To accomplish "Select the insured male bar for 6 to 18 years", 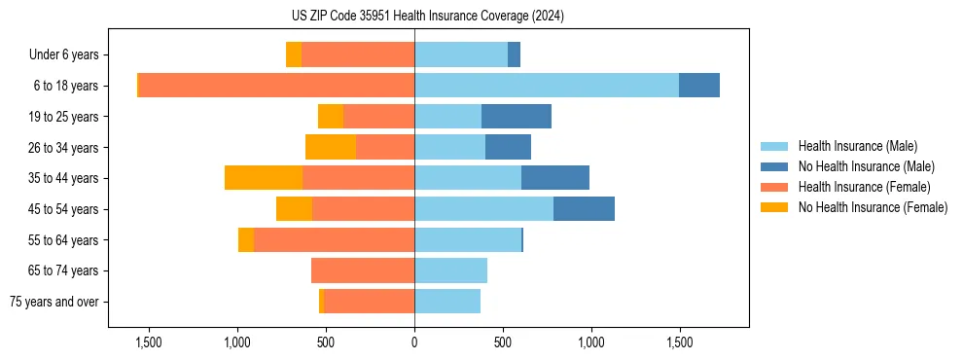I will coord(546,86).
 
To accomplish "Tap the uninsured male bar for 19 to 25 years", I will coord(517,117).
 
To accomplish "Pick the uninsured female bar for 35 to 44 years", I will coord(264,178).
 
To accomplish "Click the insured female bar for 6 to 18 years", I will coord(276,86).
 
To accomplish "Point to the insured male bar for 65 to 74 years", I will coord(450,270).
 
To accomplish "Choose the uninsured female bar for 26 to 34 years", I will coord(331,147).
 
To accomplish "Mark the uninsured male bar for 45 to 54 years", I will coord(584,209).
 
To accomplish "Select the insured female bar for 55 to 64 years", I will coord(334,240).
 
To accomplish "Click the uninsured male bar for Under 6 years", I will coord(514,54).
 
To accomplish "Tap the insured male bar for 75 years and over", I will coord(447,302).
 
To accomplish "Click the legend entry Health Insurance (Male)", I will coord(857,146).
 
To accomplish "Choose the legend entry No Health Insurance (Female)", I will coord(873,207).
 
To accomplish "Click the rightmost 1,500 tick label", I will coord(679,342).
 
